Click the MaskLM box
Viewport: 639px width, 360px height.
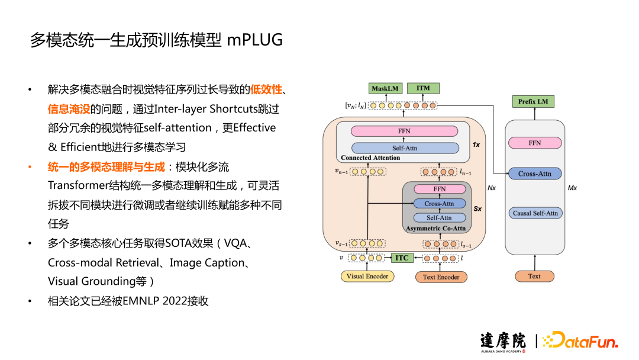pos(385,88)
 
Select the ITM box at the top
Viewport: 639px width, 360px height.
pos(423,88)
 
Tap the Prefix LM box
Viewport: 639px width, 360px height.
pos(532,101)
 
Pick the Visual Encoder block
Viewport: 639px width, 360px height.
pos(367,276)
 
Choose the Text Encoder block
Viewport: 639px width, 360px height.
pos(441,277)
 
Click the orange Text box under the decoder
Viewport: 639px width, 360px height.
pos(534,276)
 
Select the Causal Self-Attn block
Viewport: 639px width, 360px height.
pos(534,213)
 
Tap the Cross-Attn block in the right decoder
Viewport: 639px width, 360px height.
pos(534,173)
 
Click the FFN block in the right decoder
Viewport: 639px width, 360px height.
pos(534,143)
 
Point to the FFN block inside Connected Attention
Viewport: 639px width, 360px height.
pos(405,131)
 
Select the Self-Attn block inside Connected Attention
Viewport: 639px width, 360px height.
pos(405,147)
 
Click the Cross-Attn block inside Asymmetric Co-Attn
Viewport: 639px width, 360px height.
pos(439,203)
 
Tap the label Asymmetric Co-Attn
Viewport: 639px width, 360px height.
pos(436,228)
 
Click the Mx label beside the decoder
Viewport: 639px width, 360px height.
pos(572,188)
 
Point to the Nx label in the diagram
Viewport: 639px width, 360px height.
pos(490,188)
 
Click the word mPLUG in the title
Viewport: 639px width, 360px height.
pos(255,40)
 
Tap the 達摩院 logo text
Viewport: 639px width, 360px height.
pos(503,340)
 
